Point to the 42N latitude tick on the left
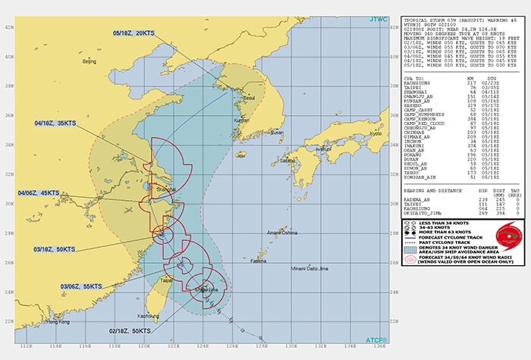(8, 27)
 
